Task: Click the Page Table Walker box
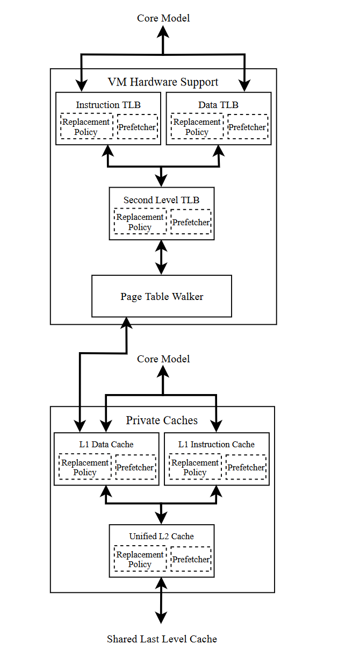coord(161,296)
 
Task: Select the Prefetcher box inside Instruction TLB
coord(138,127)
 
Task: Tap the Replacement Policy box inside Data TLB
coord(197,127)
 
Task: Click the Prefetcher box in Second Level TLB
coord(191,222)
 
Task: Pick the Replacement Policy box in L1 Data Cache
coord(85,467)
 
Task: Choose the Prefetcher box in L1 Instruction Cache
coord(246,467)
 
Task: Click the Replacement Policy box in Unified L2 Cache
coord(140,560)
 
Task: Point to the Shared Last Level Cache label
coord(162,639)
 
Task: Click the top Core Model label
coord(163,18)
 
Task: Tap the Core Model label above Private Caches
coord(163,359)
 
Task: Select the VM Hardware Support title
coord(163,82)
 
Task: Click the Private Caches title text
coord(162,420)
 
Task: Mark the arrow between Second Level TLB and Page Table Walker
coord(161,257)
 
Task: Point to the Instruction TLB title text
coord(108,105)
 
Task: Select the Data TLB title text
coord(218,105)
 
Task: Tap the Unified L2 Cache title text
coord(161,536)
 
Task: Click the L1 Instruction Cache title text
coord(216,444)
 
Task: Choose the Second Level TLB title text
coord(161,200)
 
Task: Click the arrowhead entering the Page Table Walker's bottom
coord(127,322)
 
